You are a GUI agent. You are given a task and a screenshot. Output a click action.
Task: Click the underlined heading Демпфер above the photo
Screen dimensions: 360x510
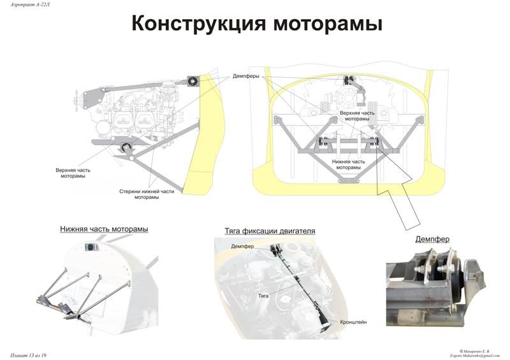pyautogui.click(x=432, y=240)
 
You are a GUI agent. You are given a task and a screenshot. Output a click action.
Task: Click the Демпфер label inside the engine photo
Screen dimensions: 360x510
pyautogui.click(x=243, y=247)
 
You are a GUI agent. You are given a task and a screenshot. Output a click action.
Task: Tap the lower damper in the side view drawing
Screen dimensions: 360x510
pyautogui.click(x=126, y=150)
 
